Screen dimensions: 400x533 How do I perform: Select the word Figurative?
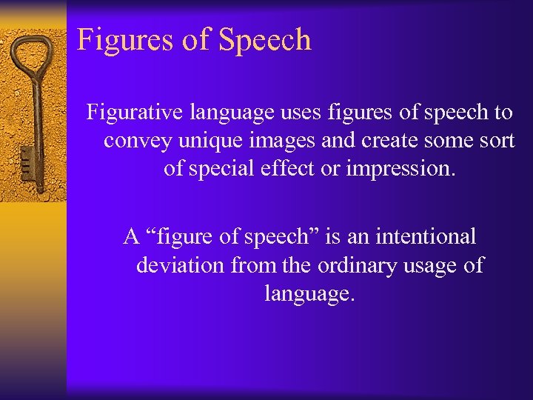138,113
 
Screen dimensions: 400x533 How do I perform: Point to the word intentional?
426,237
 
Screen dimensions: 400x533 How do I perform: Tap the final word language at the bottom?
310,293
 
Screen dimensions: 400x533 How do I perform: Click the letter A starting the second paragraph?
132,237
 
